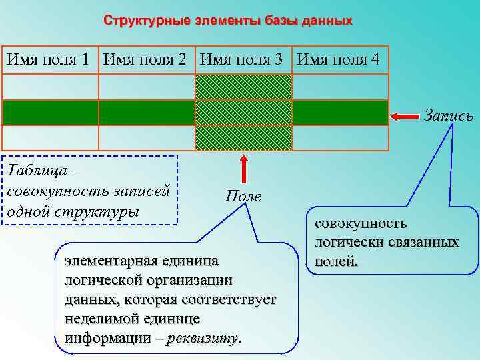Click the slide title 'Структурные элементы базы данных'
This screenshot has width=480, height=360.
227,21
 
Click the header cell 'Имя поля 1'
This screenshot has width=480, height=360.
48,60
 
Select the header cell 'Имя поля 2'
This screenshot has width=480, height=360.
145,60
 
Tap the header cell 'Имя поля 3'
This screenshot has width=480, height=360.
243,60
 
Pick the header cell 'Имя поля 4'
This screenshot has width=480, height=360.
339,60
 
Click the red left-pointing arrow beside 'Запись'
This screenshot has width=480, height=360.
404,117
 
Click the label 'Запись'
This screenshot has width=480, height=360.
449,116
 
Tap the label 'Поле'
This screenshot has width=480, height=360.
243,196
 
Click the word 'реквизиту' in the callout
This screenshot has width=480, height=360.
204,338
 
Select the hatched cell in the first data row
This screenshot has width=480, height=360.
243,87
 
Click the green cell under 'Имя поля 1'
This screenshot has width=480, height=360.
50,113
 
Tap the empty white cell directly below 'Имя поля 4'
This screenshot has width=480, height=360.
340,87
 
